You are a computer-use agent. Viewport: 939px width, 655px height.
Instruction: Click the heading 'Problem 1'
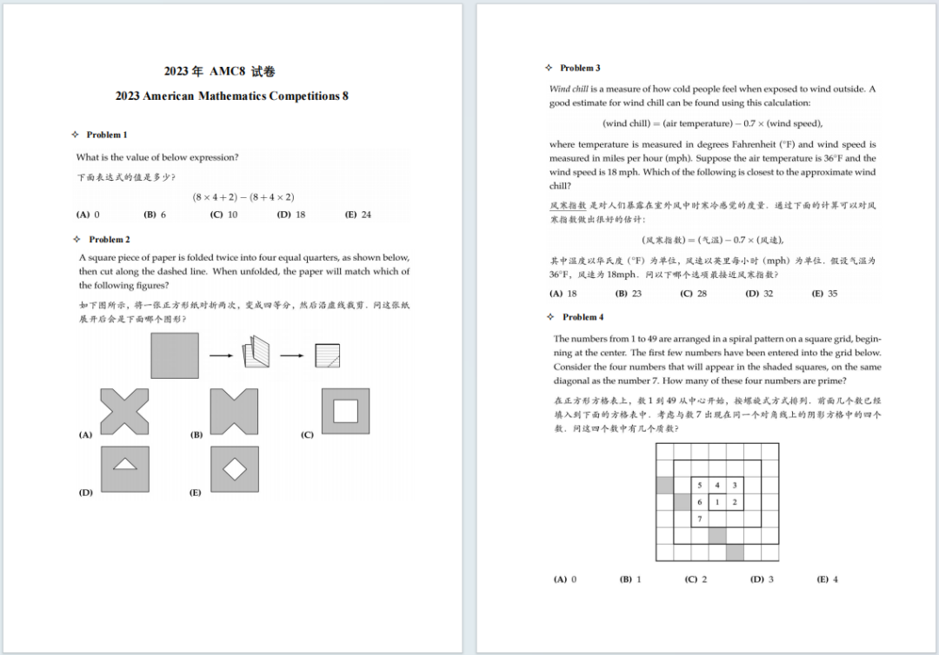[106, 135]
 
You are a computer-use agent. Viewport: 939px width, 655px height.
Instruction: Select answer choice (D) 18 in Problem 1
[291, 215]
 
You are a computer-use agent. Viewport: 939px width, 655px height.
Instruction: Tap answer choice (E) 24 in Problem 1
[358, 215]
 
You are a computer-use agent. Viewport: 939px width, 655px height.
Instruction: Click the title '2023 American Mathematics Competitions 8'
[231, 96]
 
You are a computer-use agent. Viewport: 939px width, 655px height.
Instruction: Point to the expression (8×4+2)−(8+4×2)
[243, 197]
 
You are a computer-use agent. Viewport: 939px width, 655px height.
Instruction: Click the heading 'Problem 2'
[109, 239]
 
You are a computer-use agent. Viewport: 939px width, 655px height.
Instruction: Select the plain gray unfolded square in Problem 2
[174, 355]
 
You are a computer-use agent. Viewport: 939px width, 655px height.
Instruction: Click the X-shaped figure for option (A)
[124, 411]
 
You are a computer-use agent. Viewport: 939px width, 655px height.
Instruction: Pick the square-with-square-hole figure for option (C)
[345, 411]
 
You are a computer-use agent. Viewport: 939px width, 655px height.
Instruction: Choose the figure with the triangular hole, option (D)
[125, 469]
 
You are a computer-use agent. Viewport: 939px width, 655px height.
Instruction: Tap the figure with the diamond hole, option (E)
[235, 469]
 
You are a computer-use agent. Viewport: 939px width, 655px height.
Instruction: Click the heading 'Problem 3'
[580, 68]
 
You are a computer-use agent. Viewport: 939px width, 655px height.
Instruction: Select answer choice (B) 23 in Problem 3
[629, 294]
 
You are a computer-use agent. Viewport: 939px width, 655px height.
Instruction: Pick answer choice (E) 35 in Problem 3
[824, 294]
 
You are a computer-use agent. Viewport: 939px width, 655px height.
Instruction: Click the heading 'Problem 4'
[583, 317]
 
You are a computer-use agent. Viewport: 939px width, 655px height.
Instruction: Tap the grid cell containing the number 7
[700, 519]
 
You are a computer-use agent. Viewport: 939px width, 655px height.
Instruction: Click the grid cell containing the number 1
[717, 502]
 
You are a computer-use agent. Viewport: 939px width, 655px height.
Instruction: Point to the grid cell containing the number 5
[700, 485]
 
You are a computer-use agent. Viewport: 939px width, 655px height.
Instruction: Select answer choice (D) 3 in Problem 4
[762, 579]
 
